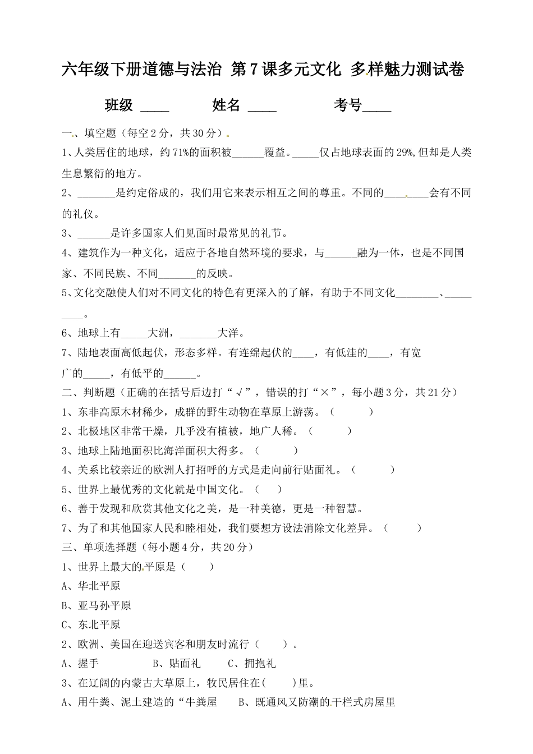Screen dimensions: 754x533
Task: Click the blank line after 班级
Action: click(154, 106)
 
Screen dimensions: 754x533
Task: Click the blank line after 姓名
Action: click(262, 106)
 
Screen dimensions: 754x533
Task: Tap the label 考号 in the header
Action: click(348, 105)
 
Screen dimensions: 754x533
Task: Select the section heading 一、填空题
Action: click(89, 134)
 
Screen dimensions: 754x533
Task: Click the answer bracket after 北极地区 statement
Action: click(330, 431)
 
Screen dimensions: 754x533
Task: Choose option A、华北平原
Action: click(91, 586)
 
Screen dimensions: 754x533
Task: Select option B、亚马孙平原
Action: click(97, 605)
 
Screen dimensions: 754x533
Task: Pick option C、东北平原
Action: click(91, 624)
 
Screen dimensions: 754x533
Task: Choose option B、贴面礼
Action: click(176, 663)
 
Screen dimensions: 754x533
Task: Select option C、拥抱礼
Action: click(252, 663)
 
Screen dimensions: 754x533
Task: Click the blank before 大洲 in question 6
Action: click(134, 334)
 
